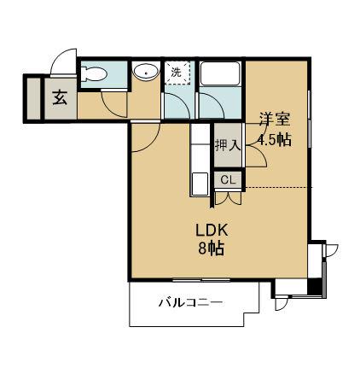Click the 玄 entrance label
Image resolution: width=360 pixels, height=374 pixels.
click(x=61, y=96)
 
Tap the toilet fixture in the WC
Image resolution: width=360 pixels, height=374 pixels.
click(x=94, y=74)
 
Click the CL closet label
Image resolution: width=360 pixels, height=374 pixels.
click(x=228, y=179)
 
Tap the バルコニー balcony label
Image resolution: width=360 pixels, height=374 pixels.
click(x=190, y=303)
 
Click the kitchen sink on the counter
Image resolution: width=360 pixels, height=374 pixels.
click(x=200, y=183)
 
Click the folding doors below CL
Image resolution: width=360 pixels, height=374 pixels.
click(x=228, y=196)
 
